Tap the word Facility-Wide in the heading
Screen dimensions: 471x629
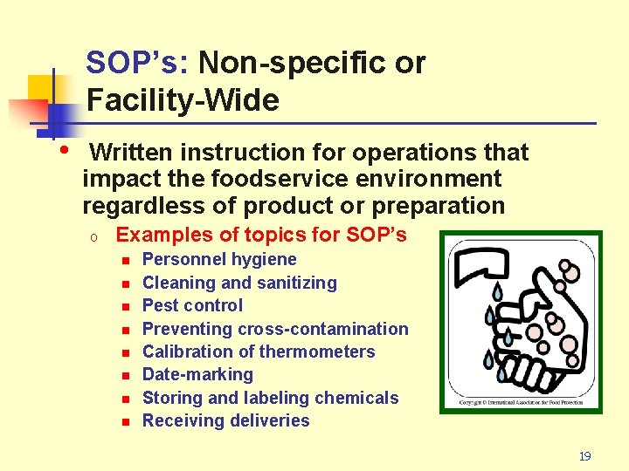[x=183, y=100]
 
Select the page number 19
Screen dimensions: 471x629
[x=584, y=456]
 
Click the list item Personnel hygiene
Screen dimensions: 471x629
[x=219, y=259]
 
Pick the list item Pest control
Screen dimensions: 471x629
[x=192, y=305]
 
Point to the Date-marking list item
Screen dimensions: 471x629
[x=197, y=374]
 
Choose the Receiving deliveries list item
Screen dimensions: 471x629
[x=225, y=420]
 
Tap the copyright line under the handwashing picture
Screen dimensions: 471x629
[x=522, y=403]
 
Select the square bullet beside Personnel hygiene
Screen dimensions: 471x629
[x=125, y=261]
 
